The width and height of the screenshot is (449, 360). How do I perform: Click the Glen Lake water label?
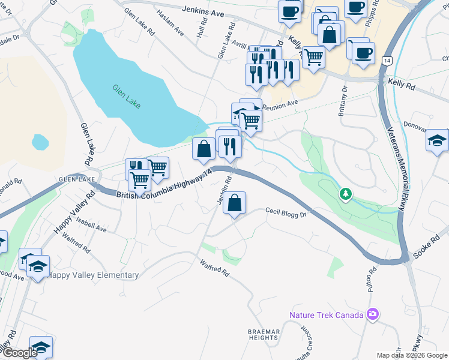(x=127, y=96)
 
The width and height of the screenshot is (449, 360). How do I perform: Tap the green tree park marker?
(x=346, y=194)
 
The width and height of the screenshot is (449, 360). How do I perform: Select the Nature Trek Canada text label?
(x=327, y=315)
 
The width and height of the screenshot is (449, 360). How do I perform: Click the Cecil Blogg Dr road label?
(x=286, y=212)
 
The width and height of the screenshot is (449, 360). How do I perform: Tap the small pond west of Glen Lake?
(x=40, y=142)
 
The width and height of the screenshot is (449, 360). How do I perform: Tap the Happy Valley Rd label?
(x=74, y=214)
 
